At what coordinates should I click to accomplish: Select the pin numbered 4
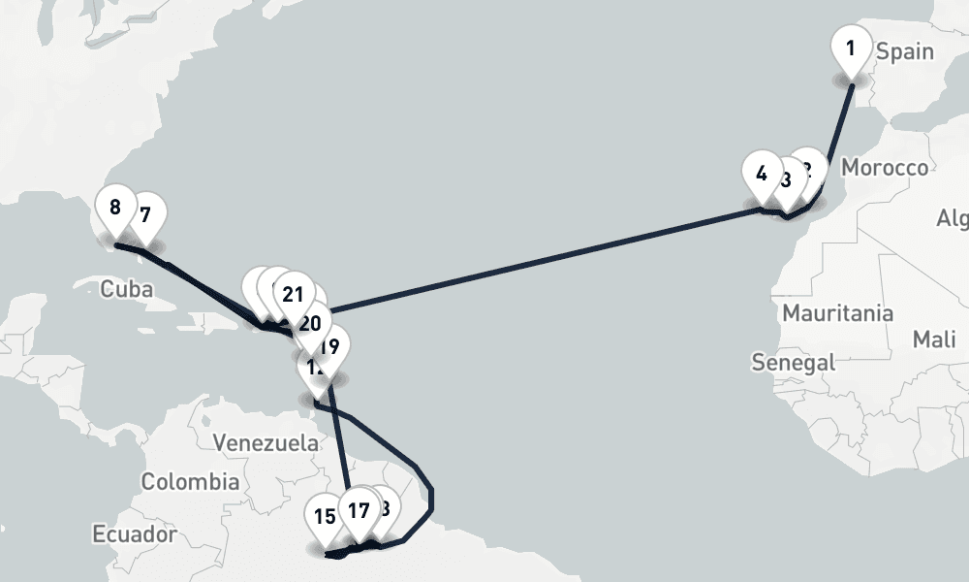pyautogui.click(x=761, y=176)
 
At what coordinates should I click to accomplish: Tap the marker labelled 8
pyautogui.click(x=115, y=209)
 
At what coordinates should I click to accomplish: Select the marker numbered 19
pyautogui.click(x=329, y=346)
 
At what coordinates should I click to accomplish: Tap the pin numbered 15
pyautogui.click(x=325, y=517)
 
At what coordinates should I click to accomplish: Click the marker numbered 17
pyautogui.click(x=359, y=510)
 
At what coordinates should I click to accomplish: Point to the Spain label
pyautogui.click(x=904, y=51)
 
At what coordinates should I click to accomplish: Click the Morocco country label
pyautogui.click(x=884, y=168)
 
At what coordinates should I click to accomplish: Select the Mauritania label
pyautogui.click(x=837, y=313)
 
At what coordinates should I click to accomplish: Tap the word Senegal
pyautogui.click(x=793, y=362)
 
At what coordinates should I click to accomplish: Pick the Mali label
pyautogui.click(x=933, y=339)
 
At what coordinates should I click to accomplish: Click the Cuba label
pyautogui.click(x=127, y=289)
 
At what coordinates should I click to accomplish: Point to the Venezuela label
pyautogui.click(x=265, y=442)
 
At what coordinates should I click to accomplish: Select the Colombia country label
pyautogui.click(x=190, y=481)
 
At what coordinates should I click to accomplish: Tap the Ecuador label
pyautogui.click(x=135, y=533)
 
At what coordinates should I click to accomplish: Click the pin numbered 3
pyautogui.click(x=785, y=180)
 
